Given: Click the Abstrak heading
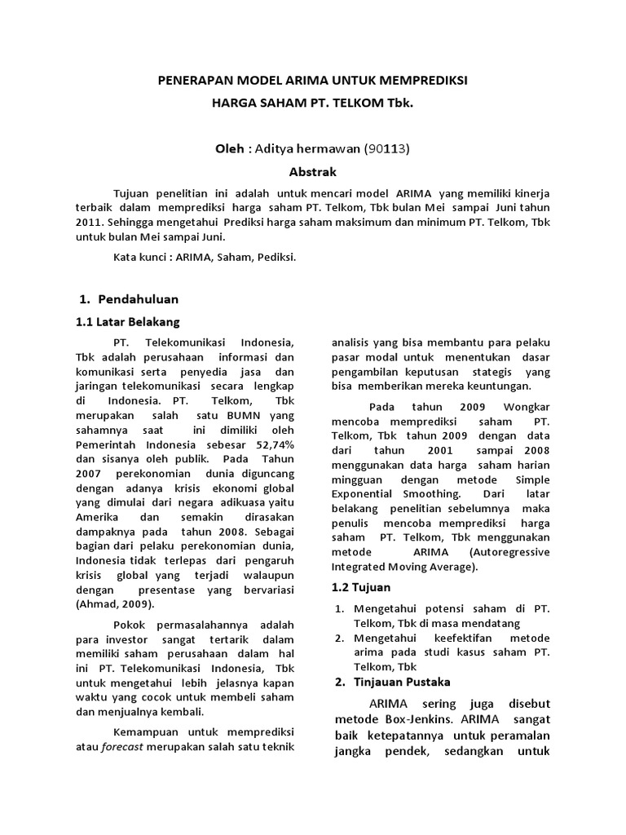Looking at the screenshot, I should pos(313,172).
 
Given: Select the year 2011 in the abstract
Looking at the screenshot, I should pos(90,223).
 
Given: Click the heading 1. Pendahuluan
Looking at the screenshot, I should pos(131,299).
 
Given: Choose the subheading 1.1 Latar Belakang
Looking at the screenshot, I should pos(127,321).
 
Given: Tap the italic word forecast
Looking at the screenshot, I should pos(124,747).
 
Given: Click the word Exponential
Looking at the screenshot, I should pos(372,494).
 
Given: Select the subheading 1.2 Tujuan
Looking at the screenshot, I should pos(361,587).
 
